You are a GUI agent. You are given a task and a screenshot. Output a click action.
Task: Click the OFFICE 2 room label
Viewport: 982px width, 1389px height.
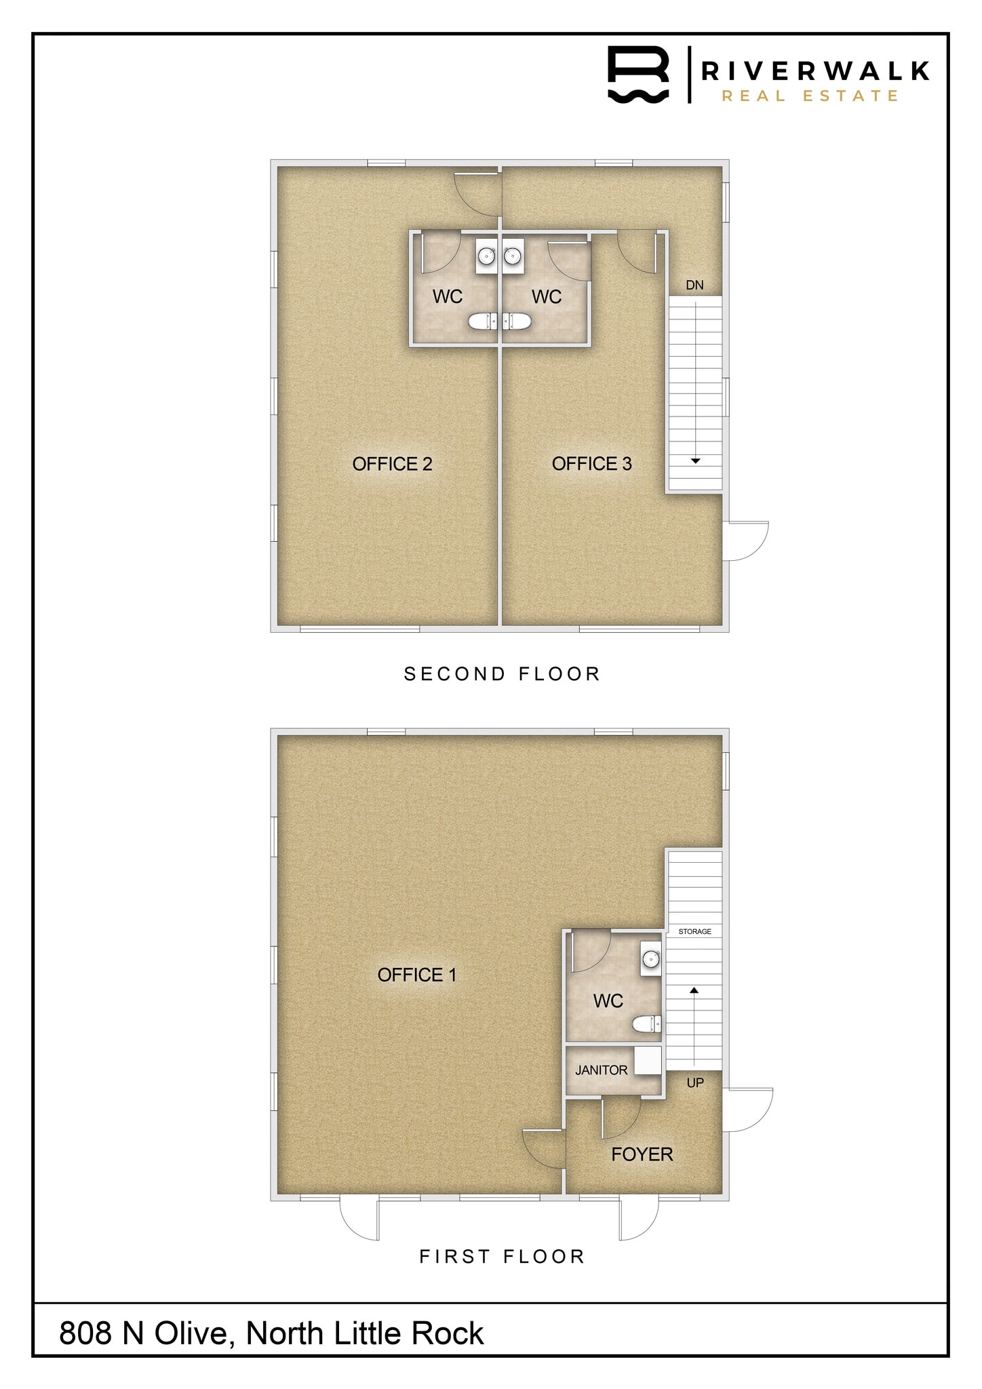(392, 464)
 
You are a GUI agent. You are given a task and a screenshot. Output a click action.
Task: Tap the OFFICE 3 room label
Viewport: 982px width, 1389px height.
(591, 464)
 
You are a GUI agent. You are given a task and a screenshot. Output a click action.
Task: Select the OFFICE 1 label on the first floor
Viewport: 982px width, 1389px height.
(416, 975)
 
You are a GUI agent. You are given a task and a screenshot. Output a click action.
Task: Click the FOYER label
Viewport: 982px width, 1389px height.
(642, 1154)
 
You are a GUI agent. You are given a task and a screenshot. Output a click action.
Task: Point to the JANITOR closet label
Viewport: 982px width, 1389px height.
(601, 1070)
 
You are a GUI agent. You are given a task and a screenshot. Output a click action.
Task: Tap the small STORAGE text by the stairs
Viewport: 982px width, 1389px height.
(694, 932)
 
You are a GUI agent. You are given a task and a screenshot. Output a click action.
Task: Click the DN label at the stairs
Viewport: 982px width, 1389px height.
(694, 286)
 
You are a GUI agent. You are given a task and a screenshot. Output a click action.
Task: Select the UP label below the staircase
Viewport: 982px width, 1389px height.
(695, 1083)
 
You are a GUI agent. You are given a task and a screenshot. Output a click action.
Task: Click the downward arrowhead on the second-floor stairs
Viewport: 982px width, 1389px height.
(695, 461)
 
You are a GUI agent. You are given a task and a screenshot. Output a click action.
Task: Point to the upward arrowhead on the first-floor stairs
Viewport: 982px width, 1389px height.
(694, 991)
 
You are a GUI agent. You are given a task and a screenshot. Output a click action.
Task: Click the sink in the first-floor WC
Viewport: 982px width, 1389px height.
(651, 959)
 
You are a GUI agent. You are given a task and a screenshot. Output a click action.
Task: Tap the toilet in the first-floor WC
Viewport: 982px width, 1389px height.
(646, 1024)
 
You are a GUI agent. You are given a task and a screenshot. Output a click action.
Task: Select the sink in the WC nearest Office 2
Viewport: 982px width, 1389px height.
(486, 256)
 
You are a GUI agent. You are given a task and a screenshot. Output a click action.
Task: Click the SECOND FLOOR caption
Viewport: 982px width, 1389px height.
(502, 674)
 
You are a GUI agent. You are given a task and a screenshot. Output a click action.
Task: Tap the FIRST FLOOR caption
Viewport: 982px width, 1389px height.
(502, 1257)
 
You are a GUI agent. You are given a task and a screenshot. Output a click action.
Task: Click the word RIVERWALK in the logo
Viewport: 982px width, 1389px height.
(814, 71)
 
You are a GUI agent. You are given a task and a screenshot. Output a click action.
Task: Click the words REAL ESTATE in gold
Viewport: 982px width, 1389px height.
(810, 96)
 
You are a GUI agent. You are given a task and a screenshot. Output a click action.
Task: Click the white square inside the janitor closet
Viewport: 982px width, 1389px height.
(648, 1061)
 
